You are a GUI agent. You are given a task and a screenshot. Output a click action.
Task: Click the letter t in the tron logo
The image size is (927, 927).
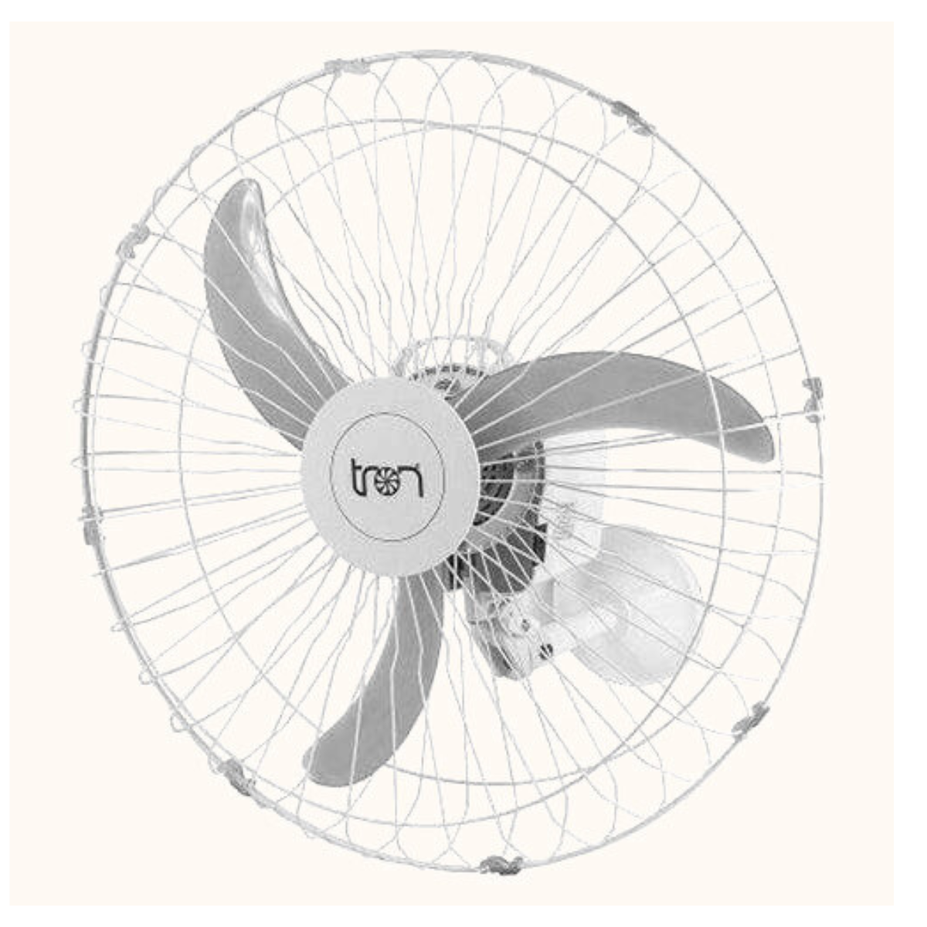click(358, 478)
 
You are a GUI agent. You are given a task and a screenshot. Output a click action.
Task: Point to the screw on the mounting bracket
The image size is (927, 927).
click(546, 650)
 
